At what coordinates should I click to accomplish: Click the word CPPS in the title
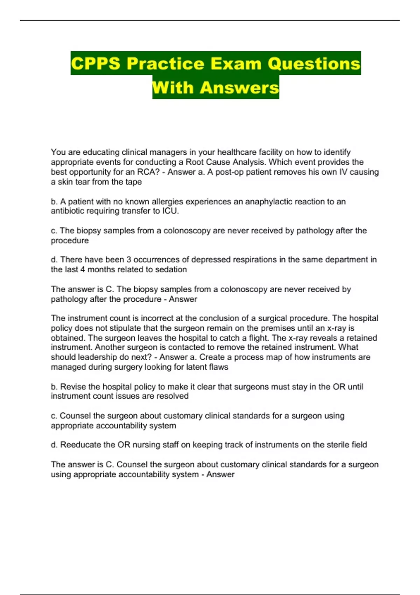tap(96, 64)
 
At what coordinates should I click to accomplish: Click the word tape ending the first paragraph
tap(133, 182)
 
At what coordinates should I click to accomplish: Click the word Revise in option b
tap(73, 387)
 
